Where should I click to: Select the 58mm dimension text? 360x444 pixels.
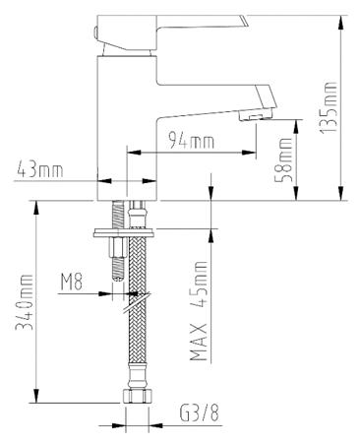285,156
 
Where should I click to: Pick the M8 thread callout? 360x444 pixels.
71,285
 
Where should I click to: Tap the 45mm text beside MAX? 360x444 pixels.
199,282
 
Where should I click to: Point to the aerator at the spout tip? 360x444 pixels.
258,115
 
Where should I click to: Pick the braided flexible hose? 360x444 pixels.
139,345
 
